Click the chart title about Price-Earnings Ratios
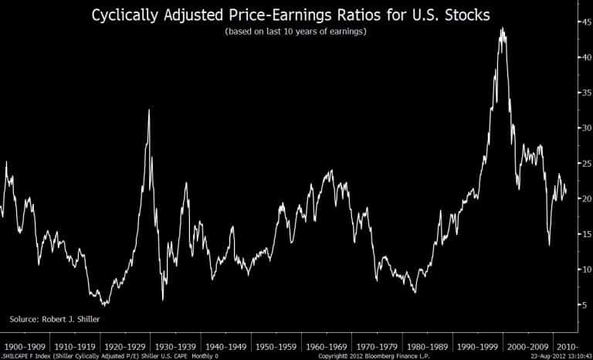click(296, 15)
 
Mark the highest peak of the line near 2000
click(503, 28)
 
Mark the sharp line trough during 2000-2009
click(549, 245)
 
